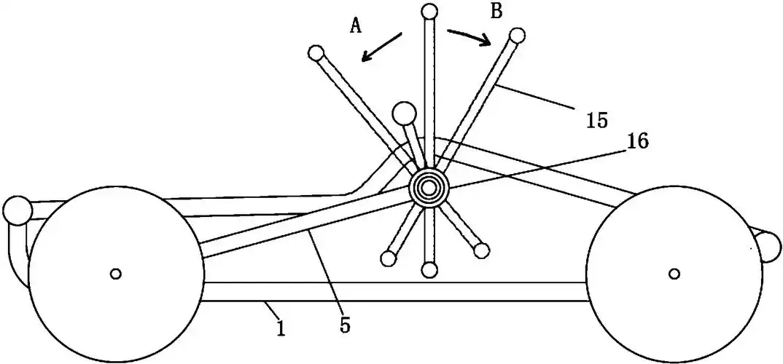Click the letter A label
(356, 26)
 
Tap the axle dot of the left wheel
(114, 274)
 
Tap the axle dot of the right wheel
(674, 274)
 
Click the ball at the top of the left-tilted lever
(316, 53)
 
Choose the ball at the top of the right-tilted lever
(517, 35)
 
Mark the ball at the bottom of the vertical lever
(429, 270)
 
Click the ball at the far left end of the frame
(16, 210)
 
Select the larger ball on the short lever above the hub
(403, 114)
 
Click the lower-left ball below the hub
(389, 258)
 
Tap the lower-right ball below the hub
(480, 251)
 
